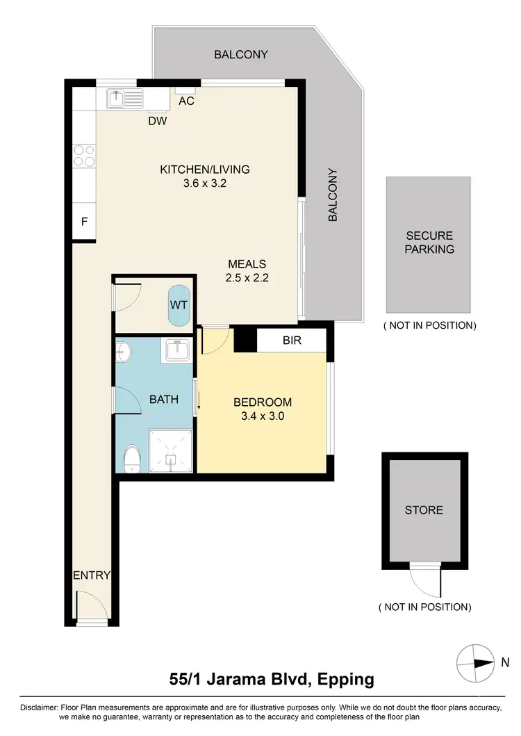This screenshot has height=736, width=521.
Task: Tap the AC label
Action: coord(186,101)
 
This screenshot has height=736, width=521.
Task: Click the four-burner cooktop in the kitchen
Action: coord(84,155)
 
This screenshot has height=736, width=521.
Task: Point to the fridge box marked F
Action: coord(84,223)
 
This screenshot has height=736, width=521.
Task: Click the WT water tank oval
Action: coord(179,304)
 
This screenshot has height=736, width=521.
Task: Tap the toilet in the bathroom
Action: coord(131,459)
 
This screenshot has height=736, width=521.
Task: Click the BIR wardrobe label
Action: coord(292,341)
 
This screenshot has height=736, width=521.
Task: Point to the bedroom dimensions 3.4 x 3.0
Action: coord(262,417)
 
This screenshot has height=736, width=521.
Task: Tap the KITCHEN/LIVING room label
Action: coord(204,169)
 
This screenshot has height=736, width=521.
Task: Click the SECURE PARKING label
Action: coord(429,243)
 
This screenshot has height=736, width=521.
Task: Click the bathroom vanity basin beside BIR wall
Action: coord(174,350)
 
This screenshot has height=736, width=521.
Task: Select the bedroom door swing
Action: coord(212,339)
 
